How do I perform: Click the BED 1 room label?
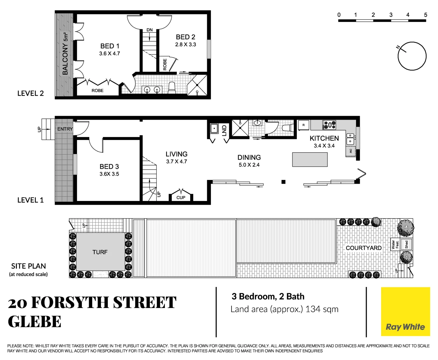110,46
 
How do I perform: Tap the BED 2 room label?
186,37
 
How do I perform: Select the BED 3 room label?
109,166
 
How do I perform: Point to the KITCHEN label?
324,138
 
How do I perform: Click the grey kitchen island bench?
310,159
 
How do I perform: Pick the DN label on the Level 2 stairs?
150,30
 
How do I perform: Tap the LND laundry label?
224,130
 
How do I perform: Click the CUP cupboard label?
181,198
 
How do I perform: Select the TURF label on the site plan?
100,252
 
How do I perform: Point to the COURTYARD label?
363,248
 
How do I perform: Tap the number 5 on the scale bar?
425,15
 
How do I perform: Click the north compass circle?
412,56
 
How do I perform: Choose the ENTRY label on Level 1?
65,129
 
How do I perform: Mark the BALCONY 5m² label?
65,54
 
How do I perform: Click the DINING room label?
249,157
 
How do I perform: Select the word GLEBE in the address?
35,322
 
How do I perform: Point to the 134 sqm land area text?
322,309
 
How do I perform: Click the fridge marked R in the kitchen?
303,125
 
